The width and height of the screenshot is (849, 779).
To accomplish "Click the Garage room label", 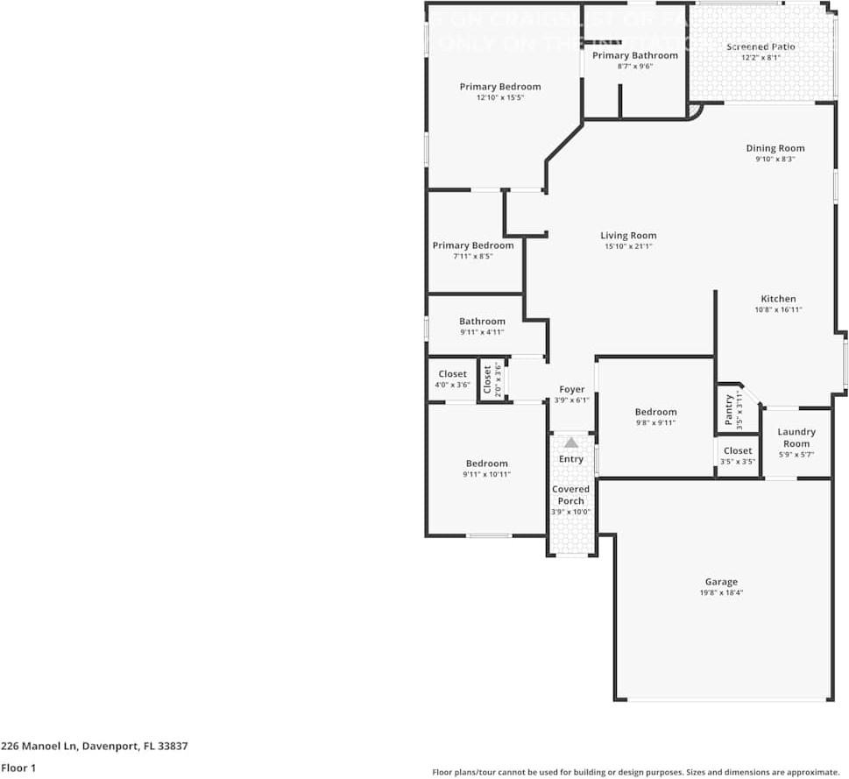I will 721,582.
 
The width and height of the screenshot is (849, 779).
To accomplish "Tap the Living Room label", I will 628,236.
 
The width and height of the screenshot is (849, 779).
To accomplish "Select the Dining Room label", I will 775,149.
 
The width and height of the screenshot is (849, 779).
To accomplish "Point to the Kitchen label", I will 778,299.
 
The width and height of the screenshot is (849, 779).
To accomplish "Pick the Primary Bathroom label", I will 634,55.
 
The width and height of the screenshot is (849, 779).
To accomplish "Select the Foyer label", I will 571,389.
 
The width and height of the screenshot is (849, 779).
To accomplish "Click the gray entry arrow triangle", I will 571,443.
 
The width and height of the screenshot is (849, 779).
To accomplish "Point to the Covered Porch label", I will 570,495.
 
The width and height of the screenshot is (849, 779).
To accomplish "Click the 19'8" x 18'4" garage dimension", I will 721,593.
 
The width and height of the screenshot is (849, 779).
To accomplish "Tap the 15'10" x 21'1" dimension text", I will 628,247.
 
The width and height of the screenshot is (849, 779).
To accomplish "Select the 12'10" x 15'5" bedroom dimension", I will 499,98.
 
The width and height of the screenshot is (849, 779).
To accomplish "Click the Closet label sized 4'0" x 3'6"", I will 452,374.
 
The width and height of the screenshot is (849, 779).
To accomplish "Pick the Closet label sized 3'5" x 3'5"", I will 738,450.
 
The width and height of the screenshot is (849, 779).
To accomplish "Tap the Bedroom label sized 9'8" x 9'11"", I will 655,412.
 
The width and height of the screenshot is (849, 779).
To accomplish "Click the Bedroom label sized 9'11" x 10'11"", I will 486,464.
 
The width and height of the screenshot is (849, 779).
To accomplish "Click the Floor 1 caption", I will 18,768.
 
